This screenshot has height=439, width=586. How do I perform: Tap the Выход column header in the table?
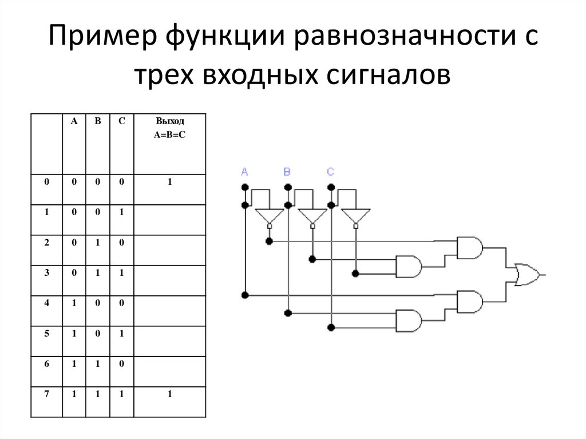click(170, 121)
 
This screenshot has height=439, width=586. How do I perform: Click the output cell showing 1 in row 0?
click(170, 181)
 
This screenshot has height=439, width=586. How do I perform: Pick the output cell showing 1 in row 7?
click(170, 394)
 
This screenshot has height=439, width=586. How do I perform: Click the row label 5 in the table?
click(46, 333)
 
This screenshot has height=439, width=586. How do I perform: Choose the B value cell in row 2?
click(98, 242)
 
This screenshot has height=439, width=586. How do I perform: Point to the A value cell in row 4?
click(74, 303)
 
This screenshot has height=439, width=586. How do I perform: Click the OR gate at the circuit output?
click(527, 275)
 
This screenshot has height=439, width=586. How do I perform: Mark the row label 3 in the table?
click(46, 272)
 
